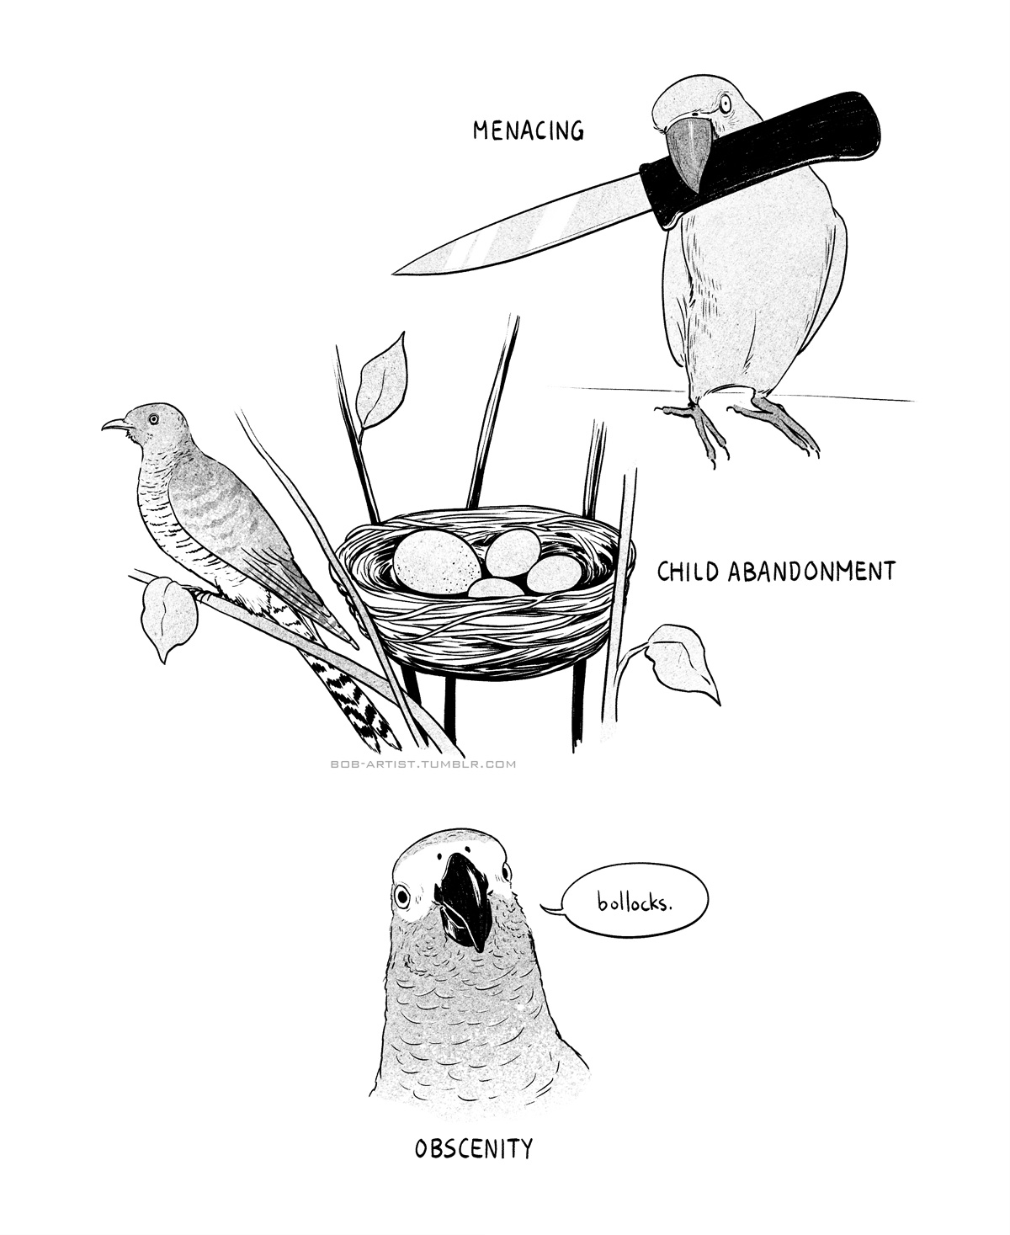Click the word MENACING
click(528, 130)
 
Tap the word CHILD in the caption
click(688, 571)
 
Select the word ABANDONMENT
click(811, 571)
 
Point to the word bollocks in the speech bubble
click(633, 902)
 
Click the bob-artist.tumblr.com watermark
click(423, 764)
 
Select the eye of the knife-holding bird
click(726, 104)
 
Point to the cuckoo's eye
click(153, 418)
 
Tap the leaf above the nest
click(380, 381)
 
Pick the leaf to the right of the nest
click(682, 663)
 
